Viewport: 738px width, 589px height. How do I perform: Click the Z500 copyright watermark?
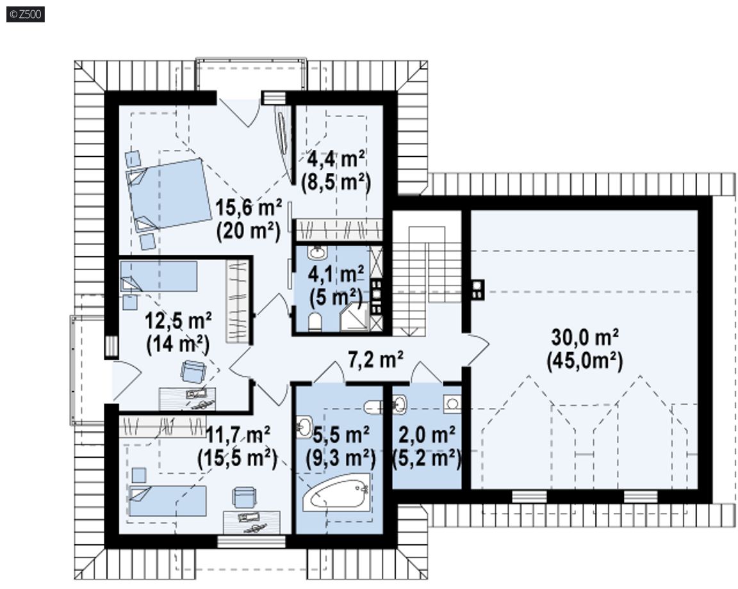[26, 14]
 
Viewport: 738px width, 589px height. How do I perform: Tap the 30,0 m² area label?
[585, 337]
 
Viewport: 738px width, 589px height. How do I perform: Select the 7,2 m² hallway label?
[375, 359]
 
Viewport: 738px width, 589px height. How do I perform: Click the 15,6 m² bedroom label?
[249, 207]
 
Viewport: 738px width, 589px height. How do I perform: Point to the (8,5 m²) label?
[336, 182]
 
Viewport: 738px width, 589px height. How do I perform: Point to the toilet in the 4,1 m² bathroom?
[315, 322]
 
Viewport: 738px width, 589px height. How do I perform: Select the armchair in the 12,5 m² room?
[193, 371]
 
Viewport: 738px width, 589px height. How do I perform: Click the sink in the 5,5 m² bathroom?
[304, 427]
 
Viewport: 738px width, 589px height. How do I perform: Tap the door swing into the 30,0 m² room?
[477, 350]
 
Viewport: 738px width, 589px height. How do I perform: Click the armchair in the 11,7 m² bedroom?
[245, 497]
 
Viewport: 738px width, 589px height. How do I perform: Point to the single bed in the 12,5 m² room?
[159, 277]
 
